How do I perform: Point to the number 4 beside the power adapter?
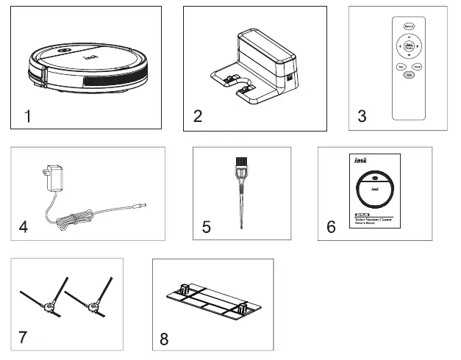(x=24, y=226)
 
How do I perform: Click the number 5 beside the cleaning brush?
(x=206, y=227)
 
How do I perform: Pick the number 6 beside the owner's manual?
(x=331, y=226)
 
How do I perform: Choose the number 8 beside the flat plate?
(x=164, y=339)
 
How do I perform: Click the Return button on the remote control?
(x=409, y=26)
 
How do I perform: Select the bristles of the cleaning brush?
(x=240, y=163)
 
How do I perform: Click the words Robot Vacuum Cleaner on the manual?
(x=374, y=219)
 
